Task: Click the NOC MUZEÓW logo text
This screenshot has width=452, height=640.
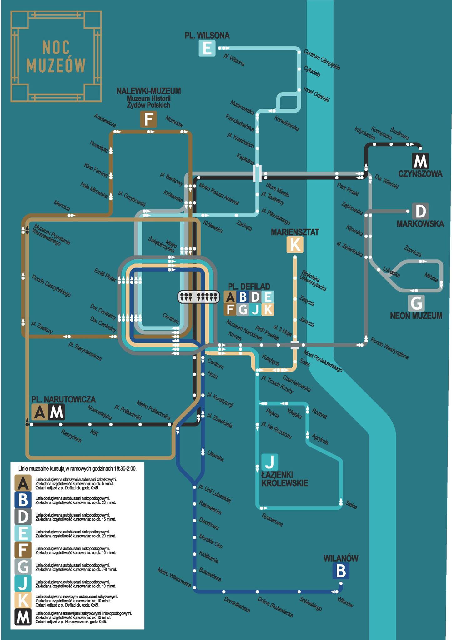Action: (x=56, y=57)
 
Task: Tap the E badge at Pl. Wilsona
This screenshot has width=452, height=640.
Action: (x=207, y=48)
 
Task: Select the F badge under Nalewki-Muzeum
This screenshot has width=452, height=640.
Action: (x=148, y=119)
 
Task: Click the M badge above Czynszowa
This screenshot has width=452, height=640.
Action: (x=420, y=161)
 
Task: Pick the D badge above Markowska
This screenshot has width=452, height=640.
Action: (x=420, y=211)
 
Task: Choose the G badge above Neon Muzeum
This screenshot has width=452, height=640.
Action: (x=416, y=303)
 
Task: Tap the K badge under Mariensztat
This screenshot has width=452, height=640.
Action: (x=295, y=244)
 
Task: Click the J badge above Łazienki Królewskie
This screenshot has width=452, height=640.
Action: (x=269, y=462)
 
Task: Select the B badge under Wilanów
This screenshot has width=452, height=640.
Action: (x=341, y=571)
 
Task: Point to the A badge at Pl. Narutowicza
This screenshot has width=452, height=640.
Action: (x=40, y=412)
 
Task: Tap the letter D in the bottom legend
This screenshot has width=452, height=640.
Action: (x=23, y=516)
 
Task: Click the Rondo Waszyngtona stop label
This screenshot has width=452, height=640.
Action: (x=389, y=348)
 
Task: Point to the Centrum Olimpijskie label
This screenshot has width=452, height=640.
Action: (x=322, y=59)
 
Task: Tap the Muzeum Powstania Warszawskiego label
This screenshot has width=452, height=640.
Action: (x=51, y=235)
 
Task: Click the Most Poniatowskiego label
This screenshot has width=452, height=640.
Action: (x=323, y=361)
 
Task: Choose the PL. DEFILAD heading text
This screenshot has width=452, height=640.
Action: (x=249, y=287)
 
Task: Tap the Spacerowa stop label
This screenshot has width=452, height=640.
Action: (x=272, y=520)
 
